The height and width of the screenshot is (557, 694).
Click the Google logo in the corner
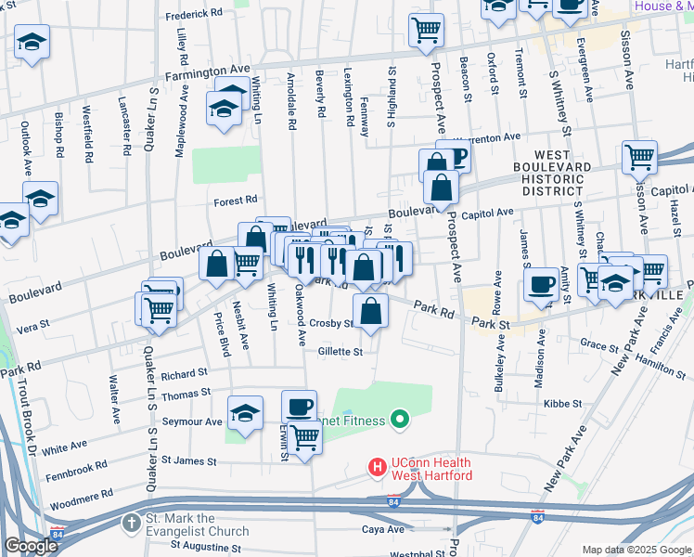[x=31, y=546]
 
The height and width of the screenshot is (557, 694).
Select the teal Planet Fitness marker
[x=401, y=421]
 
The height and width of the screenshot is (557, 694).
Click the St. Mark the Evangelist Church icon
[x=130, y=525]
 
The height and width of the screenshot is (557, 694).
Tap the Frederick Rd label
[x=194, y=17]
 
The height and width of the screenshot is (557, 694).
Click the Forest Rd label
[x=235, y=201]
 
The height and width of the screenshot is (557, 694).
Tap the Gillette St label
[x=340, y=352]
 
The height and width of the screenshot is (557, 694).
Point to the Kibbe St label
[x=563, y=404]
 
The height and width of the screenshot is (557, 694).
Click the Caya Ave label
[x=382, y=529]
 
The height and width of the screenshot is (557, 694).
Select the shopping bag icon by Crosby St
[x=370, y=311]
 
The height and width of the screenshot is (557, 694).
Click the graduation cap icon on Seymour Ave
[x=246, y=412]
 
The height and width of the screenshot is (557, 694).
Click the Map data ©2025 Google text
[x=635, y=550]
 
